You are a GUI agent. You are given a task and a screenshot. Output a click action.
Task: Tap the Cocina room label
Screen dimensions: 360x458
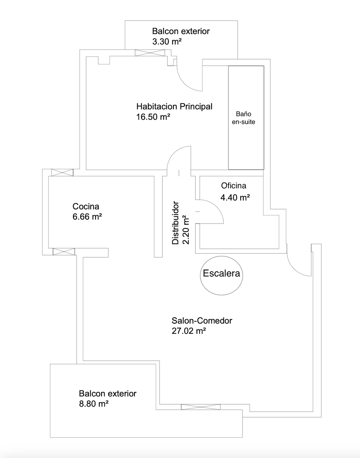point(86,207)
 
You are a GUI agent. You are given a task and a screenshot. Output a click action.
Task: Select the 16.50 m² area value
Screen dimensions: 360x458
point(153,117)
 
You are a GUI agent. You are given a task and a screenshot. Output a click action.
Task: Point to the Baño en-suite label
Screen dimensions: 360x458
point(243,118)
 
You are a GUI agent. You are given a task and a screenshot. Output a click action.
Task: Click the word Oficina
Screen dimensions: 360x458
point(233,186)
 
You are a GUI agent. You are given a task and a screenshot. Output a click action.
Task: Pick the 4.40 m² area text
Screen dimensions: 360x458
point(235,198)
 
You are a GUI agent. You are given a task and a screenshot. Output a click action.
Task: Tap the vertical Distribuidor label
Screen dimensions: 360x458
point(175,223)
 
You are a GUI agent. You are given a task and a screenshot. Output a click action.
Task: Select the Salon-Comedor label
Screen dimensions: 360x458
point(202,321)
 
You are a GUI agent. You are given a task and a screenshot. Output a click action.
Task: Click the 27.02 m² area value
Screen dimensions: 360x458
point(189,331)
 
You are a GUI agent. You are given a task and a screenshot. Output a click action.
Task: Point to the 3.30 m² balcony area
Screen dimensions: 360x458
point(167,42)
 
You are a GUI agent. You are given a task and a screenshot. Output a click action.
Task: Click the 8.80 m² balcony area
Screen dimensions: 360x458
point(94,404)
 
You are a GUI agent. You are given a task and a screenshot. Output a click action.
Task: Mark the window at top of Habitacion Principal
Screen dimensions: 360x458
point(150,53)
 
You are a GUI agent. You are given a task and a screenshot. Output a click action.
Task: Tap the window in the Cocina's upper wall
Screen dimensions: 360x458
point(62,173)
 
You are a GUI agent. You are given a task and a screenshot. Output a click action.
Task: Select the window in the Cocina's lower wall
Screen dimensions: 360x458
point(64,252)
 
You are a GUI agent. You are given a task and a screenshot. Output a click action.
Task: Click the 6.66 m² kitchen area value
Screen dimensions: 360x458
point(87,217)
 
